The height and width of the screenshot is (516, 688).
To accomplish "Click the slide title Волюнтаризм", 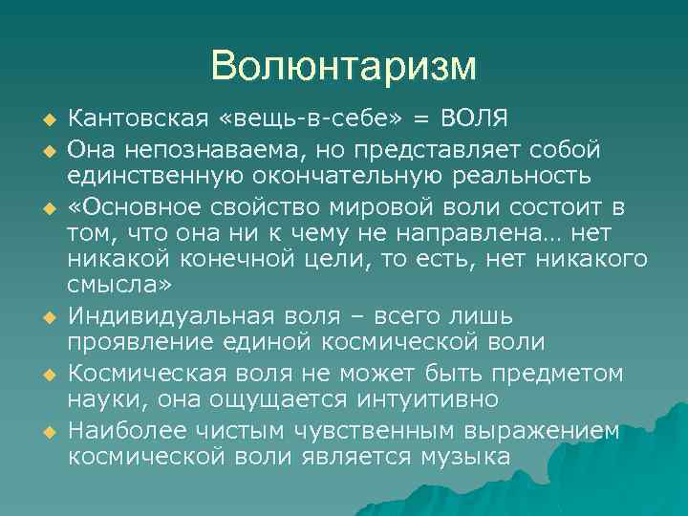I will [x=343, y=66].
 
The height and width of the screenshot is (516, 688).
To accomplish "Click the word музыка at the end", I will [x=465, y=457].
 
